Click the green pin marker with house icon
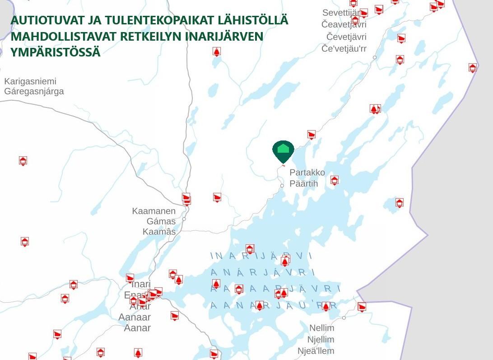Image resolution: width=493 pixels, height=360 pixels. pyautogui.click(x=283, y=150)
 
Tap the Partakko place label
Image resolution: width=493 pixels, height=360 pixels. pyautogui.click(x=307, y=173)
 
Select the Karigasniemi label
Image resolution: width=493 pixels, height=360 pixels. pyautogui.click(x=30, y=81)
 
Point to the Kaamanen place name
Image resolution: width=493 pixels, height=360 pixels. pyautogui.click(x=154, y=211)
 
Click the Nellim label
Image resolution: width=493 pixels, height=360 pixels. pyautogui.click(x=321, y=328)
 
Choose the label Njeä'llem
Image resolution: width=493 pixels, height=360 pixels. pyautogui.click(x=316, y=351)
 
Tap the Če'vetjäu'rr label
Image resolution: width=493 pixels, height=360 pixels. pyautogui.click(x=344, y=49)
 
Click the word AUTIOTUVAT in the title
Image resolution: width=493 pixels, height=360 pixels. pyautogui.click(x=48, y=21)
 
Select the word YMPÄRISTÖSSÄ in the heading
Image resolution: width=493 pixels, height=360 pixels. pyautogui.click(x=55, y=52)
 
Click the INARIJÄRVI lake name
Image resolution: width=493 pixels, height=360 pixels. pyautogui.click(x=261, y=256)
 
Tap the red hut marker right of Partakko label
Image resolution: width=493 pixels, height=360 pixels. pyautogui.click(x=334, y=180)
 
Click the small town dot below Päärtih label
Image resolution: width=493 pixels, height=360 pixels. pyautogui.click(x=282, y=186)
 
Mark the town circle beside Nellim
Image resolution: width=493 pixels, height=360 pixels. pyautogui.click(x=344, y=318)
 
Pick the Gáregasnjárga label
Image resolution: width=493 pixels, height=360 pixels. pyautogui.click(x=34, y=92)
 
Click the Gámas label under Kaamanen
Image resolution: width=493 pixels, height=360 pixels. pyautogui.click(x=161, y=221)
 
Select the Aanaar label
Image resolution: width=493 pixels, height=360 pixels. pyautogui.click(x=135, y=317)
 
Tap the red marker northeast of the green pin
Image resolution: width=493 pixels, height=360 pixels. pyautogui.click(x=311, y=135)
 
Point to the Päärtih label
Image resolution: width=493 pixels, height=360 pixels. pyautogui.click(x=303, y=184)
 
